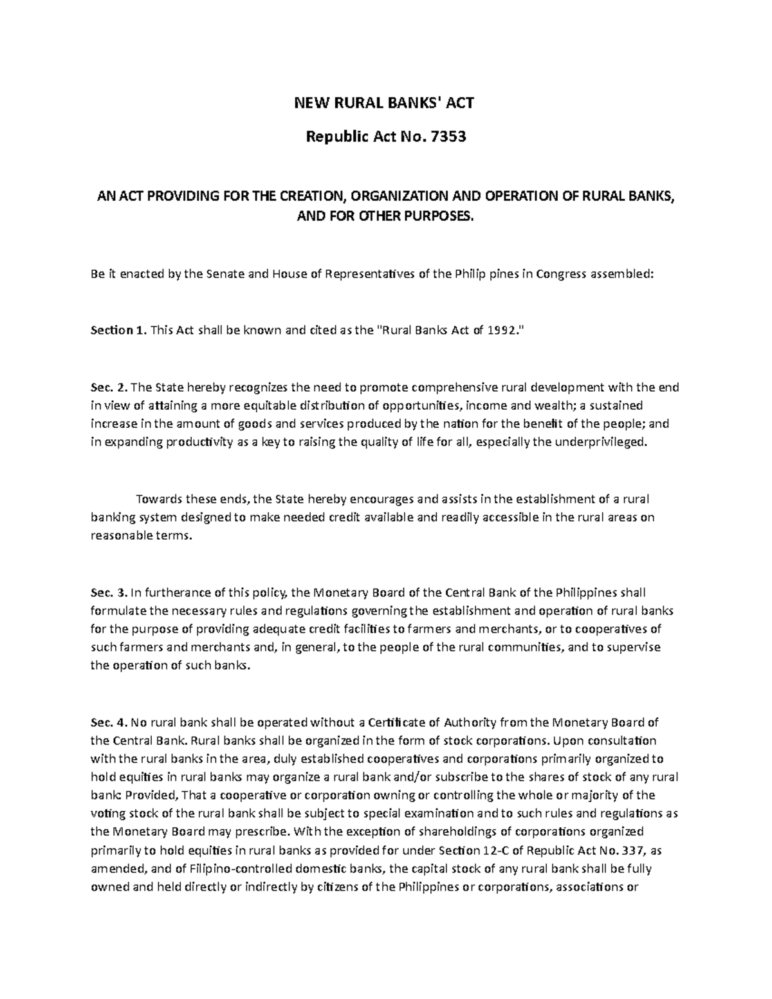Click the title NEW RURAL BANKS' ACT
click(x=384, y=103)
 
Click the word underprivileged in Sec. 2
click(x=591, y=443)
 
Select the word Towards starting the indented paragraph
click(x=158, y=499)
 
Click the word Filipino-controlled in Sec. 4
click(x=232, y=869)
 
